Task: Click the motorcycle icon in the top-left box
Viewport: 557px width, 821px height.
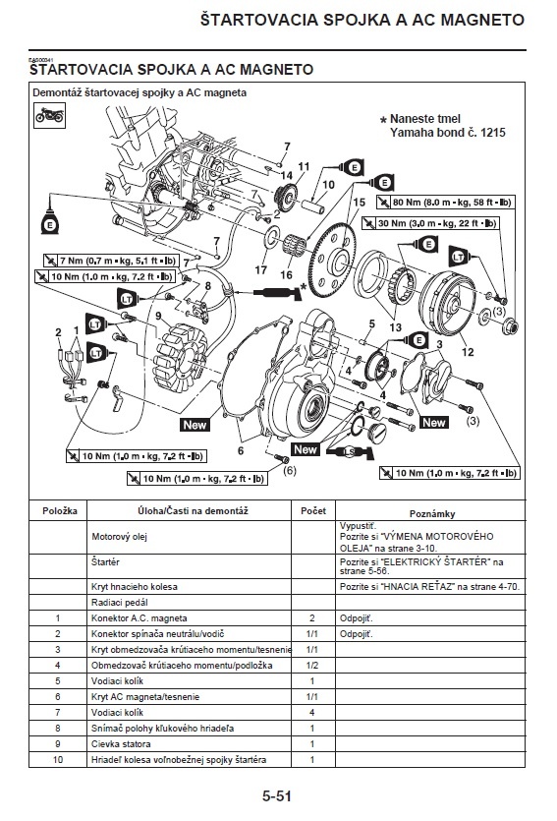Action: coord(50,115)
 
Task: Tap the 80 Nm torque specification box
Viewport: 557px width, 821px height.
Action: coord(445,203)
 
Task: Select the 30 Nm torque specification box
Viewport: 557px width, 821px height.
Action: coord(430,223)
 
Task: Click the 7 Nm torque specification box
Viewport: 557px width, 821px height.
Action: coord(111,261)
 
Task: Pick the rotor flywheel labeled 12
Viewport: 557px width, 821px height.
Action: coord(448,304)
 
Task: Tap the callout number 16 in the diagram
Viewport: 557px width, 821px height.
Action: coord(286,274)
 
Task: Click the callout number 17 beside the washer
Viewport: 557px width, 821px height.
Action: coord(261,270)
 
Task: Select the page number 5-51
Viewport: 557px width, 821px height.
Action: coord(277,796)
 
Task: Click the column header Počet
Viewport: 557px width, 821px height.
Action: coord(313,511)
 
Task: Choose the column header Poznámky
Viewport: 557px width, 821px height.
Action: coord(432,513)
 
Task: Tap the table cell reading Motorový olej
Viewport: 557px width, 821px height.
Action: coord(119,537)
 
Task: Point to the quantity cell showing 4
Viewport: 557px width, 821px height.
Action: coord(312,713)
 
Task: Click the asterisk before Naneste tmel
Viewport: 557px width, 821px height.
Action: coord(383,120)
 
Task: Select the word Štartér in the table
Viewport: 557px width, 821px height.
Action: coord(105,562)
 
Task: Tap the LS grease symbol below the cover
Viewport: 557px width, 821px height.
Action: coord(349,451)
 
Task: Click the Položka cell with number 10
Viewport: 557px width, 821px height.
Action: coord(58,760)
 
